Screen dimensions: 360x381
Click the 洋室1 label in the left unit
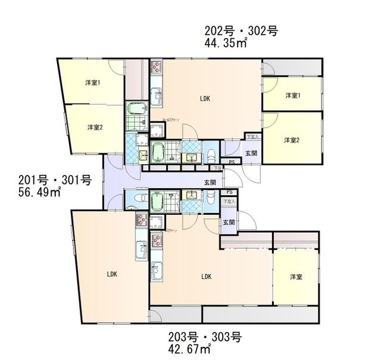(91, 83)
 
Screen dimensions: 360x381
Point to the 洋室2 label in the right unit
(291, 140)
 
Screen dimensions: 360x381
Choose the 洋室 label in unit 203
(296, 277)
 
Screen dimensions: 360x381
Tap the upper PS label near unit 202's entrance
(231, 162)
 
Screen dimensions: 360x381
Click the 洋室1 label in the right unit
(291, 95)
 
